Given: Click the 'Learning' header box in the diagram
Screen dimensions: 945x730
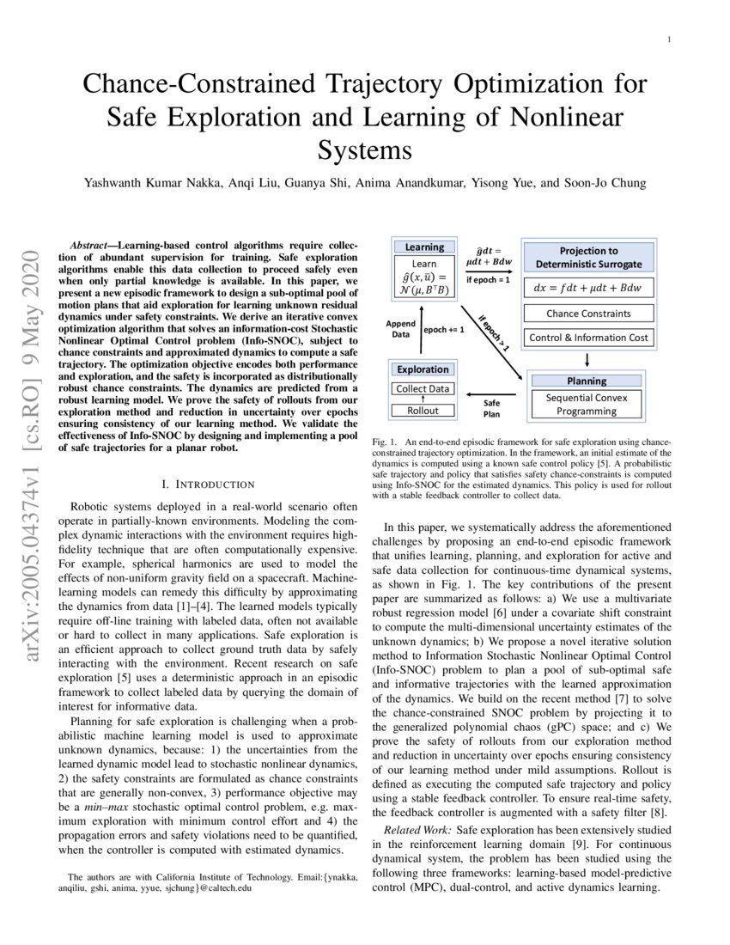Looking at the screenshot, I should click(424, 247).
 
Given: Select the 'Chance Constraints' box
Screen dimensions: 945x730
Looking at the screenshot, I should click(588, 314).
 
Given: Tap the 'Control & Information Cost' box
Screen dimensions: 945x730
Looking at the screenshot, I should click(588, 338).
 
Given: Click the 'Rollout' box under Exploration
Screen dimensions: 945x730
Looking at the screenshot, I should click(423, 410).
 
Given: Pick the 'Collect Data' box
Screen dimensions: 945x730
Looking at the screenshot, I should click(423, 389).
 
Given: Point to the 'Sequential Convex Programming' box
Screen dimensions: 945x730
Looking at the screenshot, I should click(587, 404).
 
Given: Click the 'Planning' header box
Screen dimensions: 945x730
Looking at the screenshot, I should click(587, 381).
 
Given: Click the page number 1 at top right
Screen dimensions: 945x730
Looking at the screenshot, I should click(669, 39).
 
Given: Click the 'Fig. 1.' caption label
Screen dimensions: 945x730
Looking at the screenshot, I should click(384, 442).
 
